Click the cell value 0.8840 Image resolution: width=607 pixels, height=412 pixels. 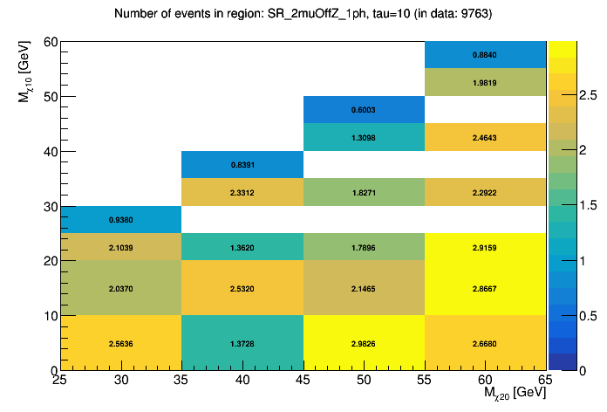485,55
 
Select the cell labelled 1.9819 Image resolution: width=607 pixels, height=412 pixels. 485,83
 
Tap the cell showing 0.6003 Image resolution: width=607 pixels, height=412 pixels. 364,110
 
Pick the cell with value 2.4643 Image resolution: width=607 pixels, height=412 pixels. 485,137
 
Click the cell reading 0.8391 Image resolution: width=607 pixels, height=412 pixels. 242,165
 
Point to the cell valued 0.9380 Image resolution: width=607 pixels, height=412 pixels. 121,220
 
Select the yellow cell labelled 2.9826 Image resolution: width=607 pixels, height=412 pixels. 364,343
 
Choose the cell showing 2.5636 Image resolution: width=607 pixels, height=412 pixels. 121,343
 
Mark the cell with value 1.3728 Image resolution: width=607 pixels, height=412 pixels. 242,343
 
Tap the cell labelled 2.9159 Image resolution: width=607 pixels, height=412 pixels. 485,247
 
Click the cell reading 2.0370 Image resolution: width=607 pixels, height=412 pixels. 121,288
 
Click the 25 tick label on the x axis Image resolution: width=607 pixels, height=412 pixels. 60,381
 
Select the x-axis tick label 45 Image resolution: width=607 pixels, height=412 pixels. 303,381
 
